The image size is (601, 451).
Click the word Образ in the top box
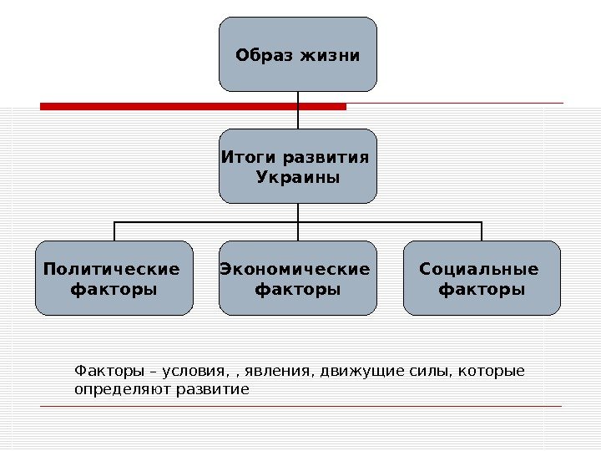pos(260,56)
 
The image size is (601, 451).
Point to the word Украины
pos(298,178)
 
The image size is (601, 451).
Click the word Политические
pos(112,269)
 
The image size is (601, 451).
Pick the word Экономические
pos(295,269)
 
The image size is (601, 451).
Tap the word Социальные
pos(479,269)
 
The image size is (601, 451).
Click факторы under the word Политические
pos(114,290)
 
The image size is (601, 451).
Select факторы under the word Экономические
pos(297,290)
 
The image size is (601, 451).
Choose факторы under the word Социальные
pos(482,290)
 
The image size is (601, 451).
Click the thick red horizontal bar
pos(192,107)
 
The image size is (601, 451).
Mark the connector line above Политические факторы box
pos(114,231)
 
